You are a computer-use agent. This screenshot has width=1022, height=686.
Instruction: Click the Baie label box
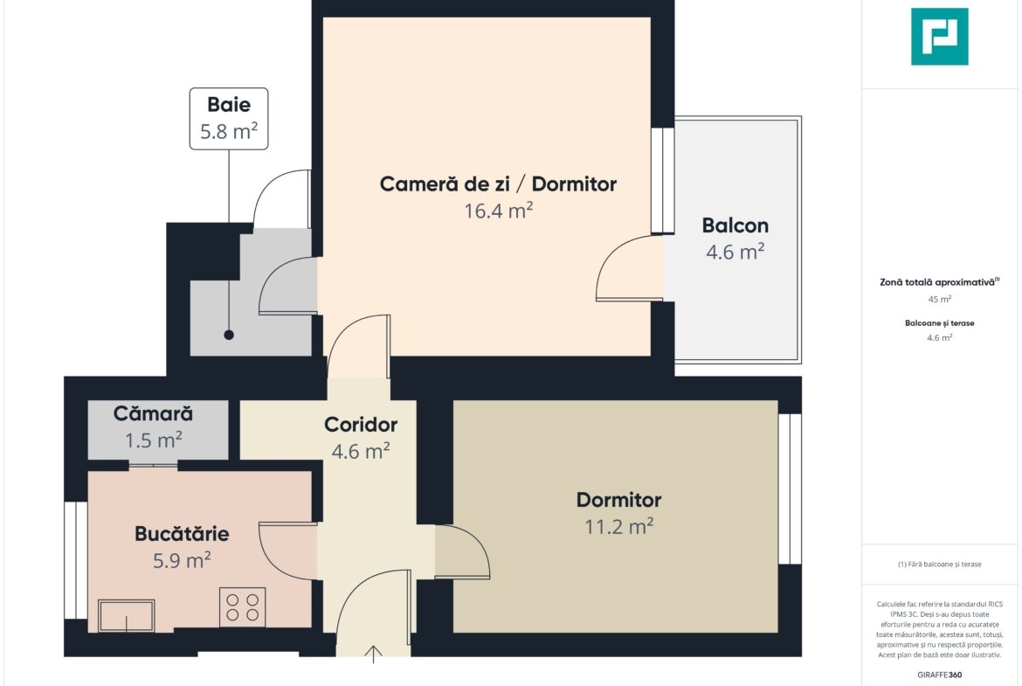pos(229,119)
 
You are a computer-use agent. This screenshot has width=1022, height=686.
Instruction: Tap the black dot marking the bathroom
pos(229,335)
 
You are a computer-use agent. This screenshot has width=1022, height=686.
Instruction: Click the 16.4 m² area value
pos(499,211)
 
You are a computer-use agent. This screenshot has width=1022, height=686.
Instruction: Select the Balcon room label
pos(735,225)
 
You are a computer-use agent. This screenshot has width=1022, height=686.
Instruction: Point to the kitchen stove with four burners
pos(243,607)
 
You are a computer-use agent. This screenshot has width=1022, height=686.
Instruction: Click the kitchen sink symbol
pos(127,615)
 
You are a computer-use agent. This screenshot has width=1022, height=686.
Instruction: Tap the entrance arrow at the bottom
pos(373,654)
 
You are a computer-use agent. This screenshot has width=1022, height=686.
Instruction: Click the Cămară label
pos(153,413)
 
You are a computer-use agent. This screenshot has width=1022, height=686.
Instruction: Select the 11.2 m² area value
pos(619,526)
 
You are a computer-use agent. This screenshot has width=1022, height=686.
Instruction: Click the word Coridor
pos(361,425)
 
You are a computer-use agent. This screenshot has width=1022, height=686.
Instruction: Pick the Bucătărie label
pos(182,534)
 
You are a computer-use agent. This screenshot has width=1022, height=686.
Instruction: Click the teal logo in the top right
pos(939,37)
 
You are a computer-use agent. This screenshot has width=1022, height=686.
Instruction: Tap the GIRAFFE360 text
pos(939,675)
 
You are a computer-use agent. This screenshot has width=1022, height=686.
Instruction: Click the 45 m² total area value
pos(939,300)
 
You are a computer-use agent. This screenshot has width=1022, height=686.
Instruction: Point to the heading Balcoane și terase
pos(939,322)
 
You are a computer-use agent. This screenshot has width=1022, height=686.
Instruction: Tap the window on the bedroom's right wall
pos(790,489)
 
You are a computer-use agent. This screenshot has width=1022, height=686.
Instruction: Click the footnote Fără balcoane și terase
pos(939,564)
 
